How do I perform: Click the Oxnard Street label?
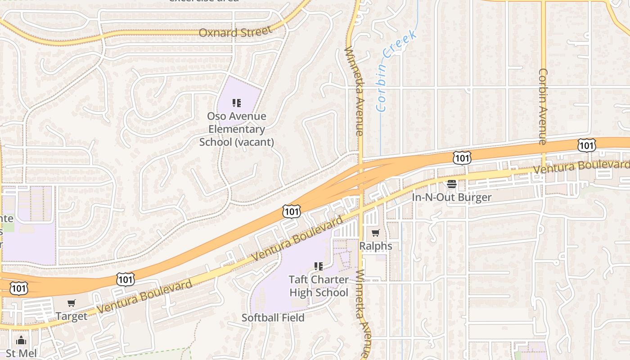pos(235,32)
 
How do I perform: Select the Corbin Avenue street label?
pos(543,106)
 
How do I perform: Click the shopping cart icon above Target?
pos(72,303)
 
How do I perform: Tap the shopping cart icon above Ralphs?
pos(375,233)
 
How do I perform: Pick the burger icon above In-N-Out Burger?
pos(452,184)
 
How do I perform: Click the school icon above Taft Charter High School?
pos(319,266)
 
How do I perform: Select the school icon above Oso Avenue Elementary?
pos(237,103)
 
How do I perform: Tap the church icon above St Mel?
pos(21,340)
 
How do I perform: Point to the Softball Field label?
pos(273,318)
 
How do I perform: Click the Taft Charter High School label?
pos(319,286)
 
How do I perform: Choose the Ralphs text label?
pos(375,246)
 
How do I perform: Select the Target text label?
pos(72,316)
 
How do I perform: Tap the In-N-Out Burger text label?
pos(452,197)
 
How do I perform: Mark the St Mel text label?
pos(21,353)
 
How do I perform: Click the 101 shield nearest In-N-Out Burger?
pos(462,157)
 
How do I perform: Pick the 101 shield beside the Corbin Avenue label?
pos(586,145)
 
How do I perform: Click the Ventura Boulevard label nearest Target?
pos(144,296)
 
